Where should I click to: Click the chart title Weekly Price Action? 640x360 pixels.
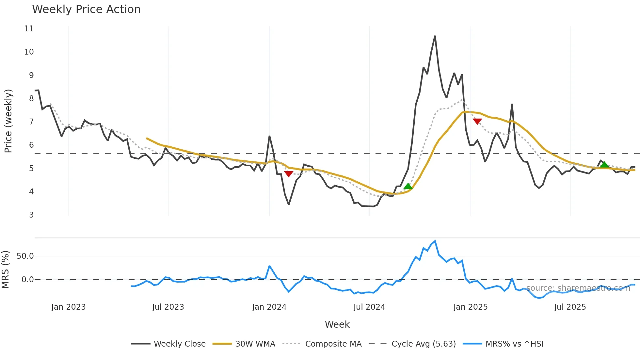(x=86, y=9)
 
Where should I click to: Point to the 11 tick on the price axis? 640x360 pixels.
(x=29, y=29)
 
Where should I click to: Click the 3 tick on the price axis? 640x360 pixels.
(x=31, y=215)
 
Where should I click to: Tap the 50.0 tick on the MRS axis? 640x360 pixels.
(x=25, y=256)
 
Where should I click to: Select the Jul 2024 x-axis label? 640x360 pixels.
(x=369, y=307)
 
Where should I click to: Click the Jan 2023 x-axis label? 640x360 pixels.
(x=69, y=307)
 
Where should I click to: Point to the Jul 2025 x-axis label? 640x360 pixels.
(x=570, y=307)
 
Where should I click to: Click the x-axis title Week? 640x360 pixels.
(x=337, y=324)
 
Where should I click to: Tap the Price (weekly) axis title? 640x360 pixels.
(x=8, y=121)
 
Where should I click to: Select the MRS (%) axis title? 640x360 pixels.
(x=6, y=270)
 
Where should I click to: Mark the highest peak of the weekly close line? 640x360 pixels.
(x=435, y=36)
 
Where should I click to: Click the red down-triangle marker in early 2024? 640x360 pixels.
(x=289, y=174)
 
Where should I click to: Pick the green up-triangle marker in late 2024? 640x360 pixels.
(x=408, y=187)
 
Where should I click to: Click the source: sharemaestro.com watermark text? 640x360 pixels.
(x=578, y=288)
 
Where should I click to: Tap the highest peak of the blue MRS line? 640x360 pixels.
(x=435, y=241)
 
